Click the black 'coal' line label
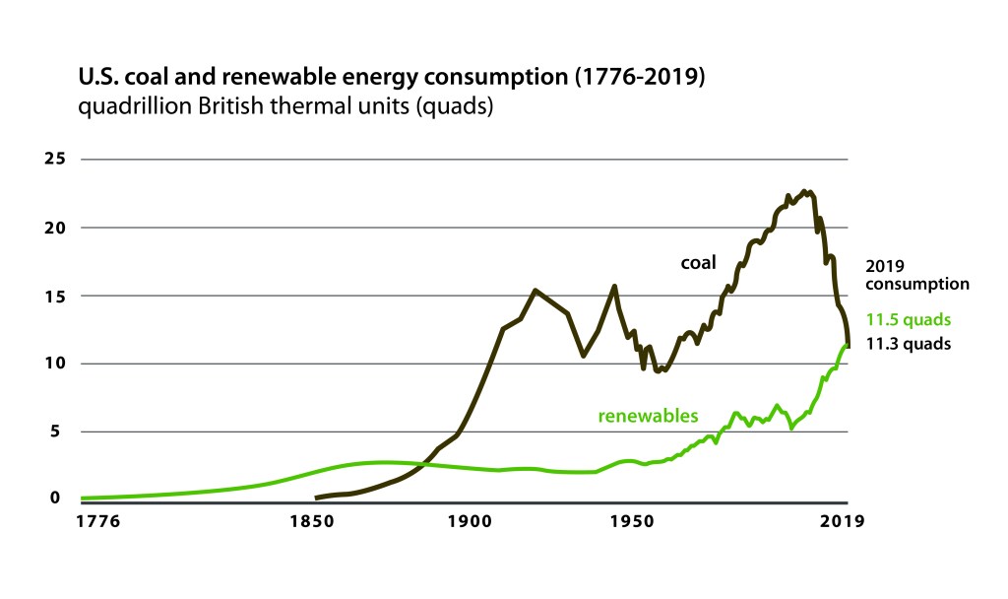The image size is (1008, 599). point(699,263)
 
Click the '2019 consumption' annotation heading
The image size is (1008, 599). point(916,275)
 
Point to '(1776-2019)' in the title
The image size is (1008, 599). point(642,77)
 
